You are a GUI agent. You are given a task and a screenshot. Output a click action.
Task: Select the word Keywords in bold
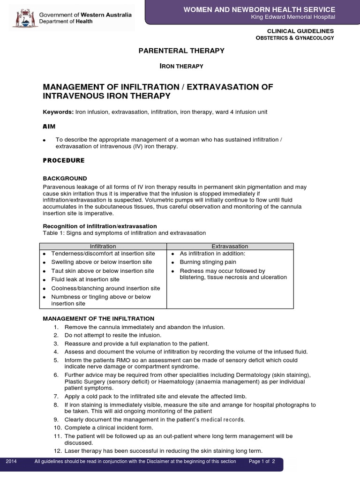58,112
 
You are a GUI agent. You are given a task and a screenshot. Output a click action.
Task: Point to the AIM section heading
49,127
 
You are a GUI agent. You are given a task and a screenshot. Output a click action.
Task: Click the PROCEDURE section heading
64,160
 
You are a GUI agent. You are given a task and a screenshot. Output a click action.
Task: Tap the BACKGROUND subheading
65,179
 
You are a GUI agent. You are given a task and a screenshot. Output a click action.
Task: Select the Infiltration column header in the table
103,246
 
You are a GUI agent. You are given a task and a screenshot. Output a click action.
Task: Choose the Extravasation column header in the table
230,246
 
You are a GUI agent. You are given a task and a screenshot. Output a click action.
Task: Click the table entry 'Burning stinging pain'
208,262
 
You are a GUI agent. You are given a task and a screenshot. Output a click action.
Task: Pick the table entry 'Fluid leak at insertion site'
85,279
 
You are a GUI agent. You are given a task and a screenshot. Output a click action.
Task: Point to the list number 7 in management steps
56,397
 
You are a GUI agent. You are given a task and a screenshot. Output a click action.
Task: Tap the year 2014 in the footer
11,462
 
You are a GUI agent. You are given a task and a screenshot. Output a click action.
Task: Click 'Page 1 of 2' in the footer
265,462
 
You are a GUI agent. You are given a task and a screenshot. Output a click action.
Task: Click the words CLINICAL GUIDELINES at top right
300,30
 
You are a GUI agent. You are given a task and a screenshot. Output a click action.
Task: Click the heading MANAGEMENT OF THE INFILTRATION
98,319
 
